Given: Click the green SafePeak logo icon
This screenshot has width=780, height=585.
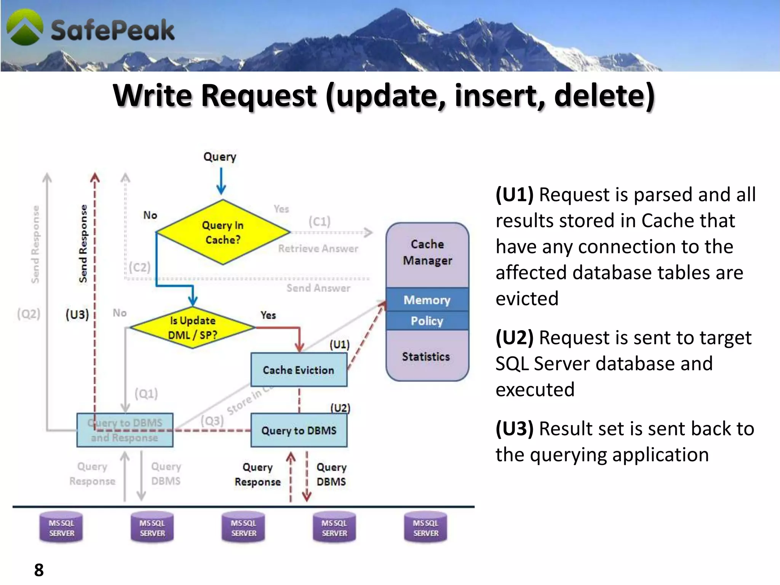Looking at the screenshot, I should [x=25, y=27].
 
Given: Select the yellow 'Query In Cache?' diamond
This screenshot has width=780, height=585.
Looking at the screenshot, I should [x=223, y=232].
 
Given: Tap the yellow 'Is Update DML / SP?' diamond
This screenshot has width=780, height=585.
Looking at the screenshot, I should [x=193, y=328].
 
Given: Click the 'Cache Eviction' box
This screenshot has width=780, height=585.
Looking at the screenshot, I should [x=299, y=370].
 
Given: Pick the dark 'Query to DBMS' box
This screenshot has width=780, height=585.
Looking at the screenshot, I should [x=299, y=430].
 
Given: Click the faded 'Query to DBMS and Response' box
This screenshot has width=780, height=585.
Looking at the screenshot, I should [x=125, y=430].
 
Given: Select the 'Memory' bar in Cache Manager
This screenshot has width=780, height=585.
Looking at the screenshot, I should [x=427, y=300].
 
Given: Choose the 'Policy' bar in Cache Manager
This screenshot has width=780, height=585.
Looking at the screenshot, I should [x=427, y=321].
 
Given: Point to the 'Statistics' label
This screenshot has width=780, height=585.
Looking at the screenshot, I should [x=426, y=356].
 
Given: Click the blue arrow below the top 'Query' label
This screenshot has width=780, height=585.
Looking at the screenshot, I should [x=221, y=182].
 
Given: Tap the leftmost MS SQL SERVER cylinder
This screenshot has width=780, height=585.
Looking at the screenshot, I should [x=61, y=528].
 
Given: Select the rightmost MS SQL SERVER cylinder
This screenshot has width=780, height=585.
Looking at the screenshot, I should [x=425, y=528].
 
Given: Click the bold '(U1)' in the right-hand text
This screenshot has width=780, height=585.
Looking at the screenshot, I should [x=514, y=195].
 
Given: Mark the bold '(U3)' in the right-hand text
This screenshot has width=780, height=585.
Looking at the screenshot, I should [x=514, y=429].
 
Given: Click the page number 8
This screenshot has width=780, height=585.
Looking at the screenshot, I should [x=39, y=570].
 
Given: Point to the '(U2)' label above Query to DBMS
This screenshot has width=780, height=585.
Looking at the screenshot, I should [x=340, y=408].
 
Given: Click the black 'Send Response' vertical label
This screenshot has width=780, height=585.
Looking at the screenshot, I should [x=83, y=244].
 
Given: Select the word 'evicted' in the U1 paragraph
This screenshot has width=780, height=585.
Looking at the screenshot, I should [x=527, y=299].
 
